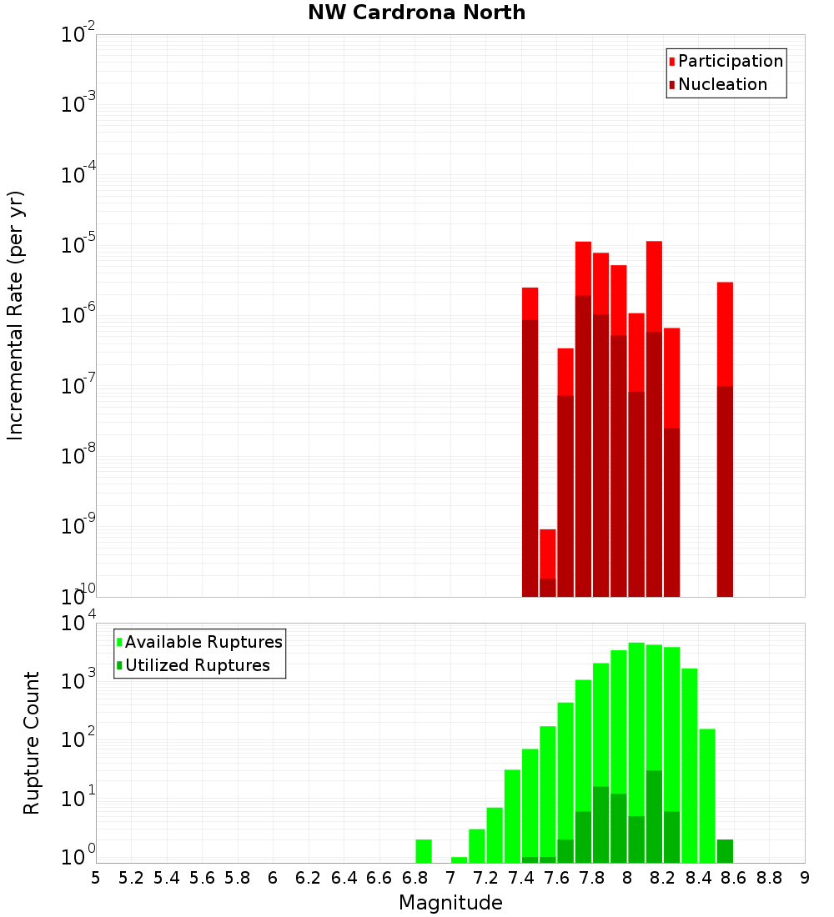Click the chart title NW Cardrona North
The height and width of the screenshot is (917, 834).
click(416, 13)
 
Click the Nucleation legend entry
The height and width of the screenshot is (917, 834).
click(721, 84)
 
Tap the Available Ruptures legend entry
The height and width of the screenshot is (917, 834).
click(203, 642)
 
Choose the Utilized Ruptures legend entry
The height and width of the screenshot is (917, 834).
click(197, 665)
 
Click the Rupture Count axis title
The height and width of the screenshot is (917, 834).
click(32, 743)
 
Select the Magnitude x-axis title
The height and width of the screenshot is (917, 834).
click(450, 903)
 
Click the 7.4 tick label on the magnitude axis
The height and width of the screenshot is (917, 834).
click(521, 878)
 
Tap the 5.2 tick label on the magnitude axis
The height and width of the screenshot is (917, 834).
click(131, 878)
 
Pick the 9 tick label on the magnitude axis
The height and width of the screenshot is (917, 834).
click(804, 878)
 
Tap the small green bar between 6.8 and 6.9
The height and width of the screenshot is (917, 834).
click(424, 851)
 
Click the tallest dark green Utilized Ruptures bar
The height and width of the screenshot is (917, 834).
click(654, 816)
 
